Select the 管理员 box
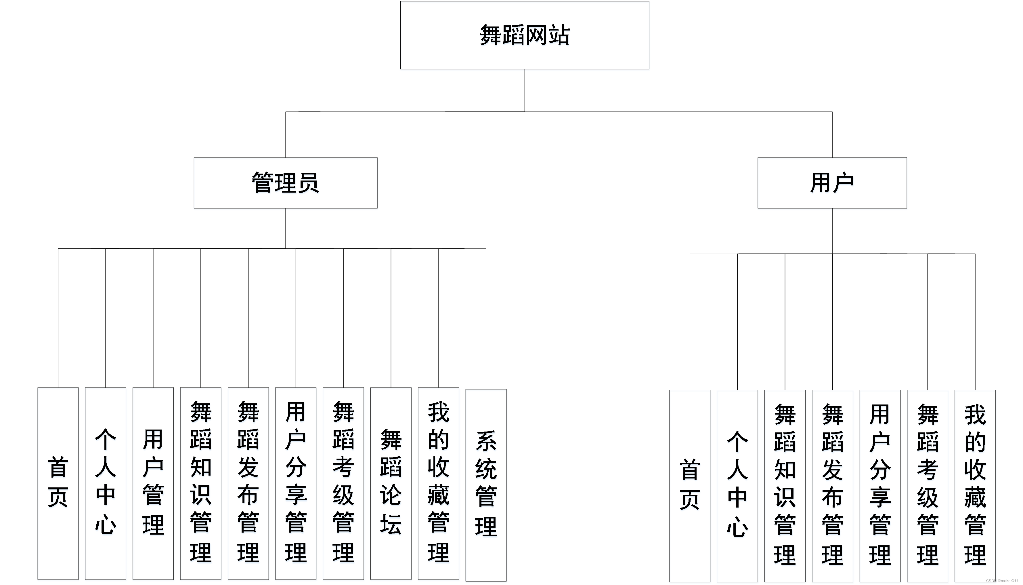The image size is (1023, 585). click(285, 183)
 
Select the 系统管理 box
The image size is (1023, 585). click(485, 485)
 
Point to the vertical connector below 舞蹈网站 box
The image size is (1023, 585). click(525, 90)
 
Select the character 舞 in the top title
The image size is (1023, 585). click(490, 35)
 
